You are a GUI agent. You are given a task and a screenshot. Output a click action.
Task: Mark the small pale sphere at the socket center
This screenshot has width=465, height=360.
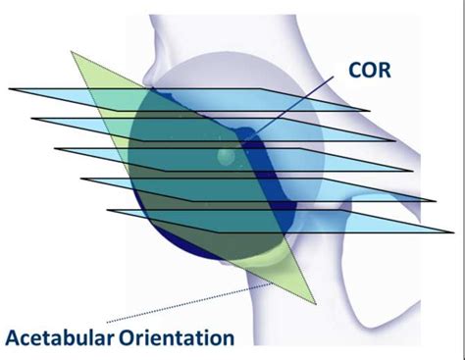[x=226, y=156]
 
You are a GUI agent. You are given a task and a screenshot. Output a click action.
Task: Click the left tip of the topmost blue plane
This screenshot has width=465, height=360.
[x=10, y=89]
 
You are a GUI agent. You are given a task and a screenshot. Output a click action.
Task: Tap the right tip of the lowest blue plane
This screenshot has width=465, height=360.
[x=453, y=232]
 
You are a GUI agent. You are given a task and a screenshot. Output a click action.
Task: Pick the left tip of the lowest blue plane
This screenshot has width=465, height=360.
[x=107, y=210]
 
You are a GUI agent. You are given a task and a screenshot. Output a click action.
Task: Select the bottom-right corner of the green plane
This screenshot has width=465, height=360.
[x=315, y=303]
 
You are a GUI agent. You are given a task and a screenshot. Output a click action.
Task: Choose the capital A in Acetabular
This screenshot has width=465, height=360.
[x=15, y=339]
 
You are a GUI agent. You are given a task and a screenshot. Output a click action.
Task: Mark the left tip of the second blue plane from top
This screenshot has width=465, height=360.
[x=32, y=120]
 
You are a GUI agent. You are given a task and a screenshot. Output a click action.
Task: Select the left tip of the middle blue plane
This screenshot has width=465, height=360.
[x=55, y=149]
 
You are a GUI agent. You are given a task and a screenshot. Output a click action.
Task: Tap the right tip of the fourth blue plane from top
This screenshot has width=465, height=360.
[x=436, y=201]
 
